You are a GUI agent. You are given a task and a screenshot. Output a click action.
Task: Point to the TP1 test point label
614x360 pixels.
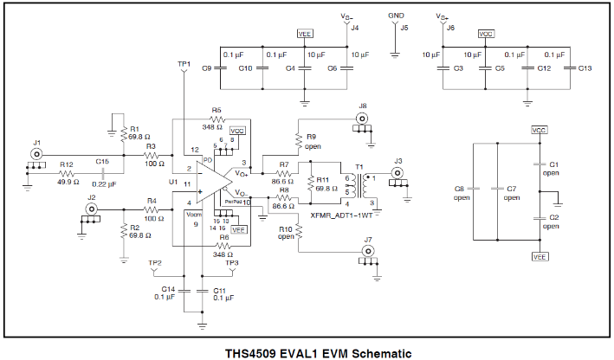tap(183, 64)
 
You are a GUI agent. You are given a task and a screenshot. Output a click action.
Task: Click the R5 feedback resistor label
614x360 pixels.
tap(216, 110)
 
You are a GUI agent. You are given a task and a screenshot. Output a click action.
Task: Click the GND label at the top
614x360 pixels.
tap(396, 16)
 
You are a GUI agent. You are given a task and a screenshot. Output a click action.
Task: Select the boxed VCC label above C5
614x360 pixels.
tap(486, 34)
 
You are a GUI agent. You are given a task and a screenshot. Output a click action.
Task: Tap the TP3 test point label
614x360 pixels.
tap(232, 262)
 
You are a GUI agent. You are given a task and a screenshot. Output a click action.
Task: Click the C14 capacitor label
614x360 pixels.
tap(169, 289)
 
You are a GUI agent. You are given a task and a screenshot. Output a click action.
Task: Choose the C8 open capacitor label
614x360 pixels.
tap(461, 188)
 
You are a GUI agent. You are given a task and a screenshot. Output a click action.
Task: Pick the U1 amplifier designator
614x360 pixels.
tap(173, 183)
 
